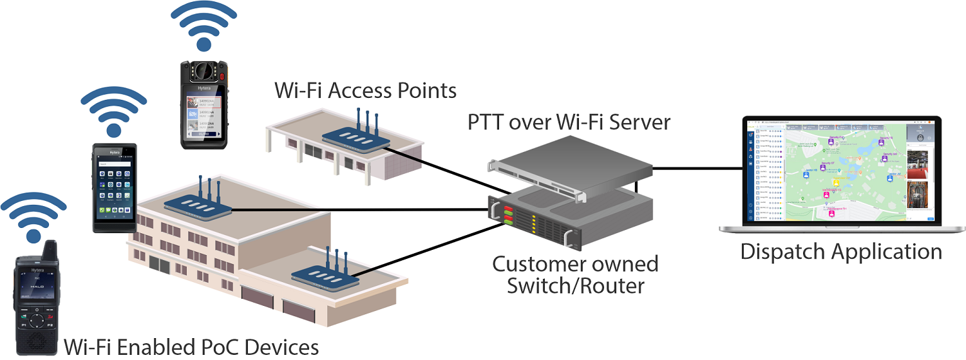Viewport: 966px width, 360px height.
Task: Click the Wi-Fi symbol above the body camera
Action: (x=204, y=27)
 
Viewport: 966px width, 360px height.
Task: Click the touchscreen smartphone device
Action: (x=113, y=187)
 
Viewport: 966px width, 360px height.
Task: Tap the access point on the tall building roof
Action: (x=197, y=202)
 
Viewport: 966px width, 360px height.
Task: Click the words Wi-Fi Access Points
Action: (x=365, y=90)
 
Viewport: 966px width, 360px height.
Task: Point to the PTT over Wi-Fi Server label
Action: (x=560, y=122)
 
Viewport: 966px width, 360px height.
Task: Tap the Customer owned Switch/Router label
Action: (x=575, y=274)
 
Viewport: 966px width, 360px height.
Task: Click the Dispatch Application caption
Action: (x=841, y=251)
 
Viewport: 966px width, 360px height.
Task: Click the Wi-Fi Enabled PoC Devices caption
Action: (x=191, y=347)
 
